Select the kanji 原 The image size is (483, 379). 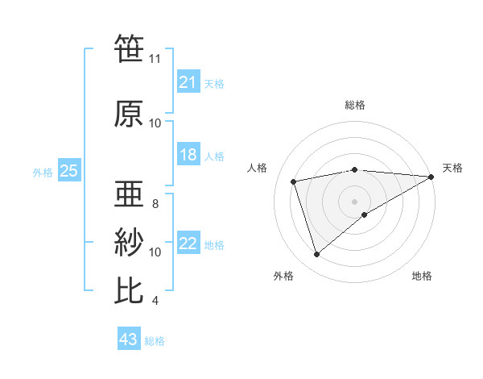click(x=129, y=114)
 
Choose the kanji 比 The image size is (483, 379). click(x=129, y=290)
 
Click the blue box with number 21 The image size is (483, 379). click(x=188, y=81)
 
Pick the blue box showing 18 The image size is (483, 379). click(x=188, y=155)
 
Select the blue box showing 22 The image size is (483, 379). click(x=188, y=244)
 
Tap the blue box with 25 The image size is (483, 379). click(x=69, y=171)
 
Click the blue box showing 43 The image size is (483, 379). click(x=129, y=339)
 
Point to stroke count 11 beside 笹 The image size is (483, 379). click(x=155, y=59)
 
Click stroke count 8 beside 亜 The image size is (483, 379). click(x=155, y=204)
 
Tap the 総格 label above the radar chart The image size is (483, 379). click(x=354, y=105)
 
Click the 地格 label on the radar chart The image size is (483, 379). click(x=422, y=276)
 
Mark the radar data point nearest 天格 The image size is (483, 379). click(x=431, y=177)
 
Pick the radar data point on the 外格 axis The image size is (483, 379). click(x=317, y=255)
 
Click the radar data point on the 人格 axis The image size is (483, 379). click(x=295, y=181)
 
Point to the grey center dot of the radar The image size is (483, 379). click(x=354, y=201)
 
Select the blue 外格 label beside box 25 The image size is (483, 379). click(x=43, y=172)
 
